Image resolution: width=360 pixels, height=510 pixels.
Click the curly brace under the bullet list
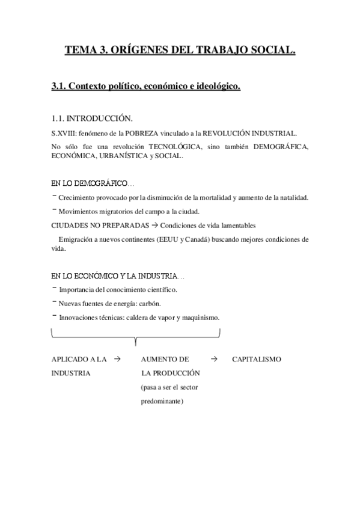pos(136,337)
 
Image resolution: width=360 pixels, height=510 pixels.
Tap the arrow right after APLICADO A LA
pos(117,359)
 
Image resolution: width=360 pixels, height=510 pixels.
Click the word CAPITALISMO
pos(257,360)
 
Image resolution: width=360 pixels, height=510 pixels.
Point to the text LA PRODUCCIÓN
pos(166,373)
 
